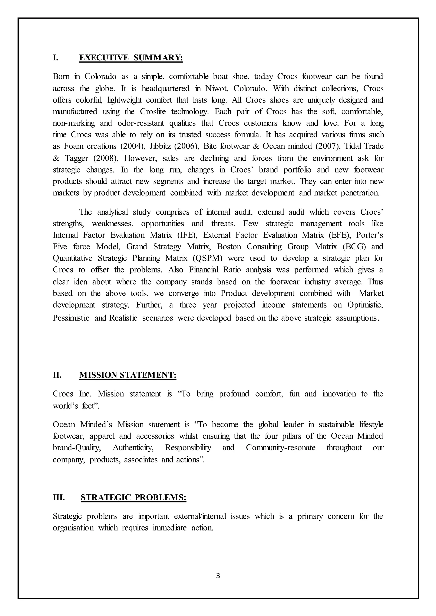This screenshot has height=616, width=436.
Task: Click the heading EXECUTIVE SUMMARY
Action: [x=131, y=58]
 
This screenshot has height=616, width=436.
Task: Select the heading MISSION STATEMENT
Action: [x=128, y=375]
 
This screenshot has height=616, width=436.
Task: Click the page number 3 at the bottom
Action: [x=218, y=576]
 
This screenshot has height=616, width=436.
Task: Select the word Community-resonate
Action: [x=281, y=448]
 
